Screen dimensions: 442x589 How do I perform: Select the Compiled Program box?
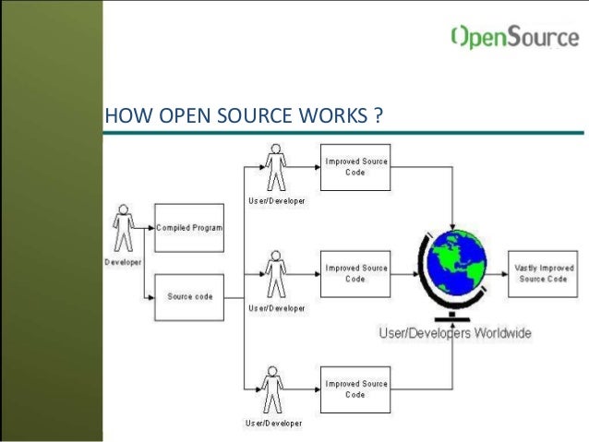click(189, 228)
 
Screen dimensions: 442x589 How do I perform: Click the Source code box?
click(189, 297)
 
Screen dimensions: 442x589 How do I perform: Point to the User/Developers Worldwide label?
click(455, 333)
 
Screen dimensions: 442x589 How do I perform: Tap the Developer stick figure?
click(122, 231)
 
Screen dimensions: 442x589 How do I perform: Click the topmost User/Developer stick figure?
click(274, 169)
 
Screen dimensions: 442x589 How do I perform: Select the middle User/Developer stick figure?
click(274, 274)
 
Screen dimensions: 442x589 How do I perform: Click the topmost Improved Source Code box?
click(355, 167)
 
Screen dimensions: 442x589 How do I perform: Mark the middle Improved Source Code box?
click(355, 273)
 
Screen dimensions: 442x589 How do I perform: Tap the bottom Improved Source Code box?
click(355, 389)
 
